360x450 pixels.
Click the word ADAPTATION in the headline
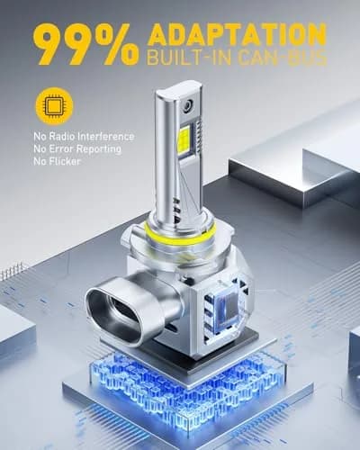click(237, 37)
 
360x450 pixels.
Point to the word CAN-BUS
click(282, 58)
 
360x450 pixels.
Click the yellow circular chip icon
click(54, 106)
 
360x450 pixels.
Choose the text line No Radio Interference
click(84, 137)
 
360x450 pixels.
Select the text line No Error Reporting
click(77, 148)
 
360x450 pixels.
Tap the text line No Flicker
click(57, 161)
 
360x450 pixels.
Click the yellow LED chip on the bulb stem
click(184, 139)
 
